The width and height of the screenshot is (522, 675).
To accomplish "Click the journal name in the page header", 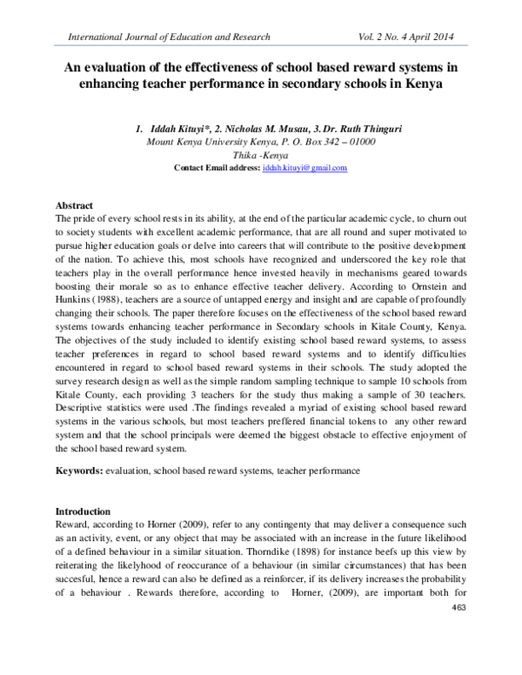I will (x=163, y=37).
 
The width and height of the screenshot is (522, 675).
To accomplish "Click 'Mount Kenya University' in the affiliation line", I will (x=199, y=142).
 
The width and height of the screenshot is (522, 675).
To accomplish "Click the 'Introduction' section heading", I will (x=83, y=511).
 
